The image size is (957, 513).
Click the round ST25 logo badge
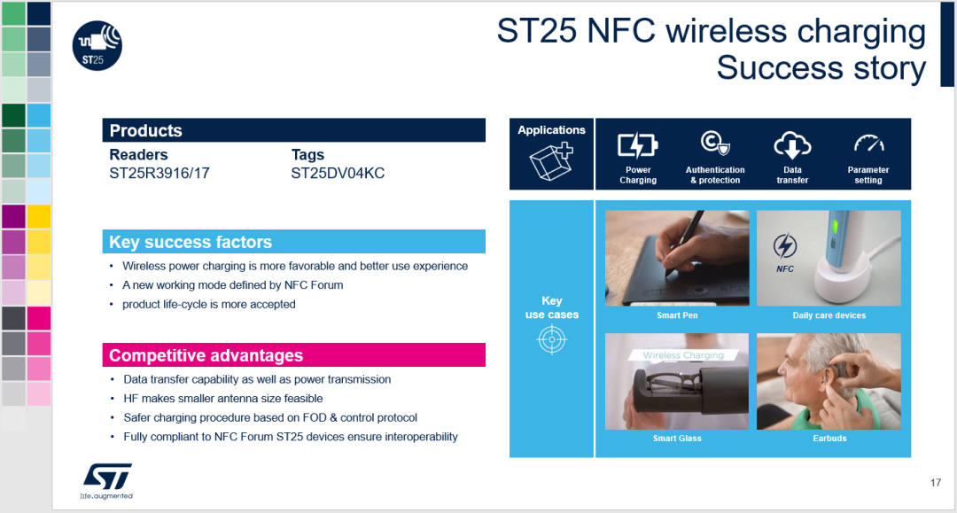(x=97, y=46)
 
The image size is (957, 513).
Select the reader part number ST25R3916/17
(x=159, y=174)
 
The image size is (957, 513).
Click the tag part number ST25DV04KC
(x=338, y=174)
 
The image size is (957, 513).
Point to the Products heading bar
(x=293, y=130)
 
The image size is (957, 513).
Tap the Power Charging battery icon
(x=638, y=145)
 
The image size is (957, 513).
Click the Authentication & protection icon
(x=715, y=144)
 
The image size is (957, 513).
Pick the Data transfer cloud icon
(x=792, y=145)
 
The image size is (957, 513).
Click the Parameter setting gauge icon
(x=869, y=144)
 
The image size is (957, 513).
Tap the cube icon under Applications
(x=551, y=161)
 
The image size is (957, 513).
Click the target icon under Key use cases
(x=552, y=339)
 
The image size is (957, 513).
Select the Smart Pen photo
(x=677, y=258)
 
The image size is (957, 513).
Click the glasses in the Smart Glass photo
(x=673, y=384)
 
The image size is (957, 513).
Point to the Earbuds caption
(x=829, y=438)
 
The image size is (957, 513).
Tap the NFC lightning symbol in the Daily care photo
(x=785, y=245)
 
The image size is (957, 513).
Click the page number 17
(x=936, y=483)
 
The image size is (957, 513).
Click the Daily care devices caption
(x=829, y=315)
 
